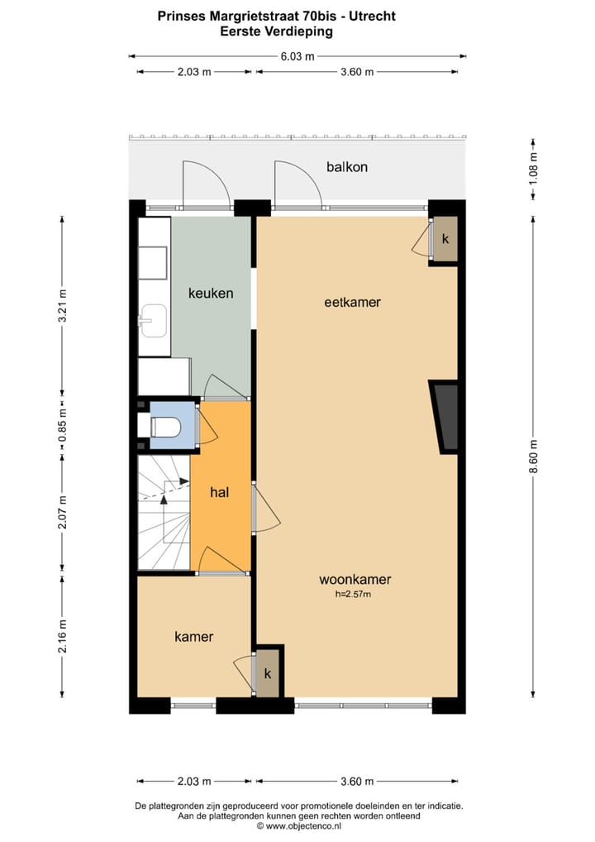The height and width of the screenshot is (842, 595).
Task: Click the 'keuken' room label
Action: coord(211,293)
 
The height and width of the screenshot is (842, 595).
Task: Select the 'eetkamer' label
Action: coord(352,302)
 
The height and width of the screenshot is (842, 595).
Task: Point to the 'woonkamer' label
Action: coord(355,579)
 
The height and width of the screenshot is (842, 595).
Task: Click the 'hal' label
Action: coord(219,492)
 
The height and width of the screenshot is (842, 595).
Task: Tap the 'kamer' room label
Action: coord(194,636)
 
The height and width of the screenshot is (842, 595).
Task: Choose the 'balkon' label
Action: coord(347,167)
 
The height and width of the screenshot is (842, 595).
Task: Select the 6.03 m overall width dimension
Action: coord(298,56)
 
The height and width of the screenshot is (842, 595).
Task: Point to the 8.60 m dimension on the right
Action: coord(534,456)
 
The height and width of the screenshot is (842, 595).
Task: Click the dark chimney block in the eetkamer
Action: coord(446,416)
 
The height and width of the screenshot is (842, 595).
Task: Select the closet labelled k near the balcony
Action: coord(445,240)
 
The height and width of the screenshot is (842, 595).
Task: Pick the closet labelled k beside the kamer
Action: coord(267,673)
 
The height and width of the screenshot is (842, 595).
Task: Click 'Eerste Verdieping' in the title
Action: coord(276,31)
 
